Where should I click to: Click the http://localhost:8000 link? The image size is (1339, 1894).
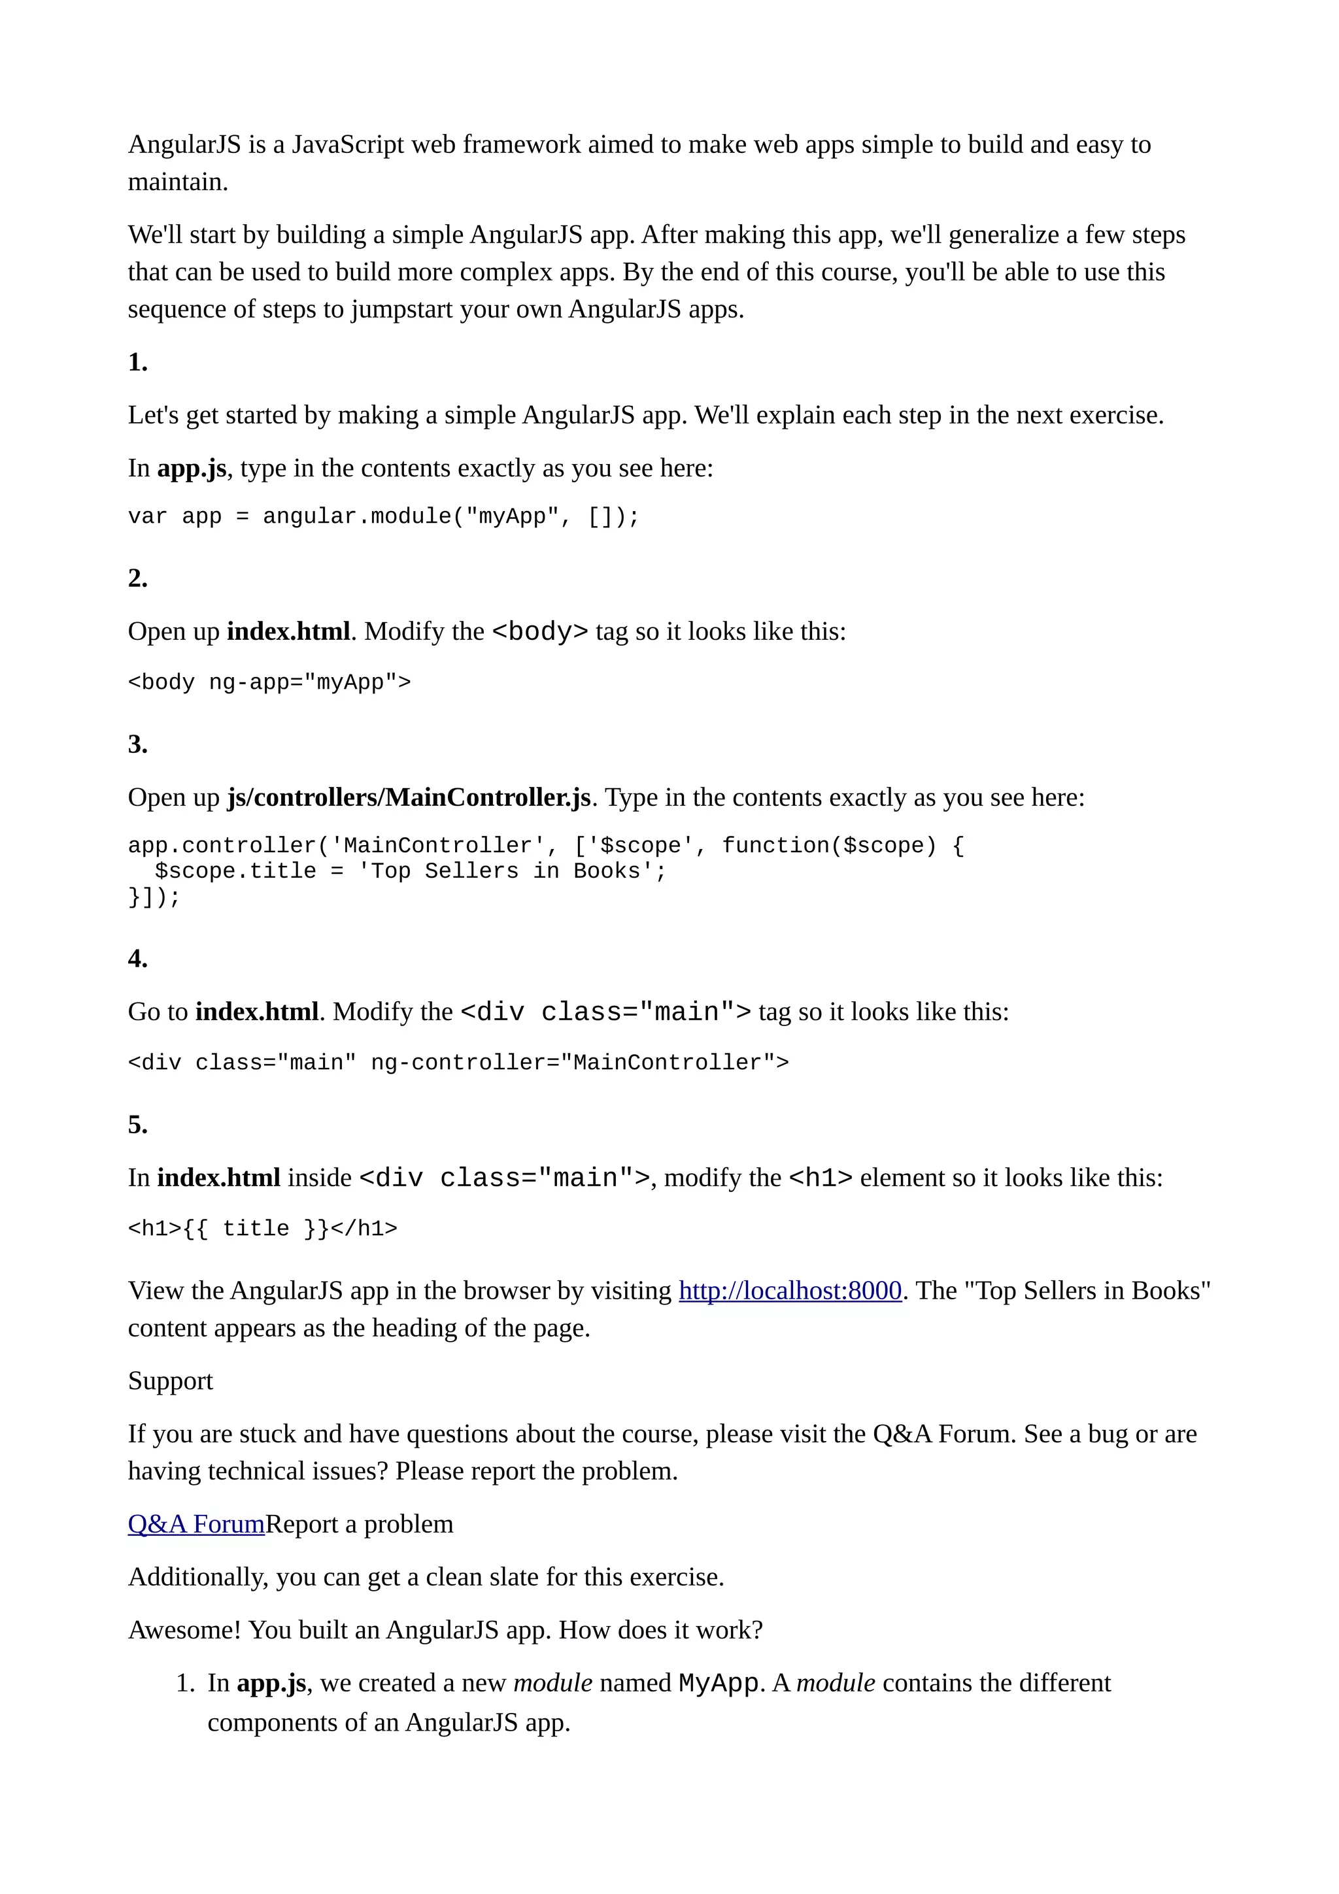tap(790, 1290)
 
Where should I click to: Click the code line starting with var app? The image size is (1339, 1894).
tap(384, 517)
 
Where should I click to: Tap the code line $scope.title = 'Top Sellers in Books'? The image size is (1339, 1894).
tap(410, 871)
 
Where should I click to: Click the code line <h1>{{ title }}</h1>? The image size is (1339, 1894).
tap(262, 1229)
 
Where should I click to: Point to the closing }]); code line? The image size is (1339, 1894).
tap(154, 897)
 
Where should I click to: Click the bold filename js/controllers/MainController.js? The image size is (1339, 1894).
tap(409, 798)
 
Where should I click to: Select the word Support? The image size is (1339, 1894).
tap(170, 1381)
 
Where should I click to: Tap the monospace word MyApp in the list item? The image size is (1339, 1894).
tap(718, 1683)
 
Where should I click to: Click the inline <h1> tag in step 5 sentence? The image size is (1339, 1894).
tap(820, 1178)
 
